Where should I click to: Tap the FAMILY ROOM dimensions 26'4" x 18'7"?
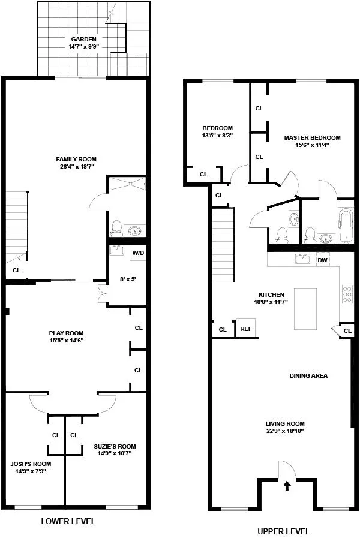(x=76, y=166)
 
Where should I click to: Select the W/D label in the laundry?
(x=137, y=253)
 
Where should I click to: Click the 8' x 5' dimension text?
(x=128, y=279)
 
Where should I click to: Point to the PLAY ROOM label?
(x=66, y=333)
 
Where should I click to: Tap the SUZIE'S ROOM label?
(x=115, y=446)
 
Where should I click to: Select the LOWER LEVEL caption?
(x=68, y=521)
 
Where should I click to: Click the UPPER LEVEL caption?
(x=283, y=531)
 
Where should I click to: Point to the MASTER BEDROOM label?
(x=312, y=137)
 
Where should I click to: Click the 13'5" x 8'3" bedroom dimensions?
(x=217, y=136)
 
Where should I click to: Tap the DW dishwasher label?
(x=322, y=260)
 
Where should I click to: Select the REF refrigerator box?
(x=246, y=329)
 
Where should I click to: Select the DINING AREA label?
(x=308, y=376)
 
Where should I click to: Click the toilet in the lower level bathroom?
(x=117, y=227)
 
